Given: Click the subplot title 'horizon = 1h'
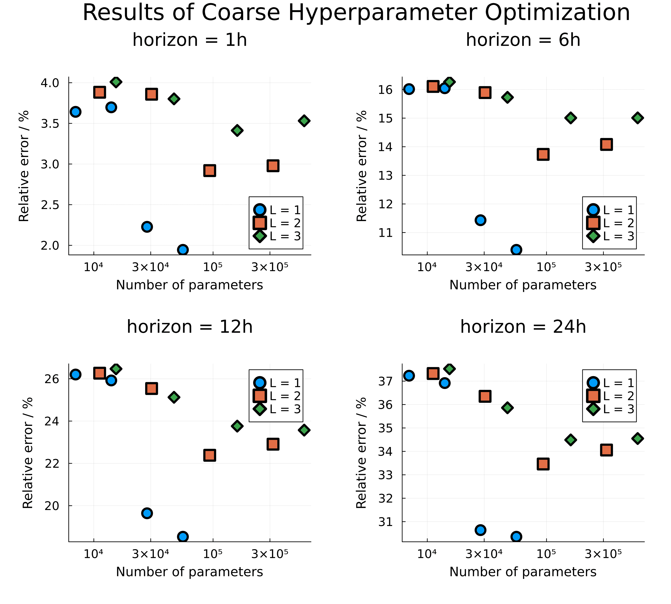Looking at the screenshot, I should [x=189, y=40].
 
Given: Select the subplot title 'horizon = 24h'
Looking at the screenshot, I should [x=523, y=327].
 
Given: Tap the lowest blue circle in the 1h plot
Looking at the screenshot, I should [x=183, y=250].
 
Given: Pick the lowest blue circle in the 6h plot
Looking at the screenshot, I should [x=516, y=250].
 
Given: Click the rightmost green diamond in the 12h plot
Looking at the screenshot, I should [x=304, y=430].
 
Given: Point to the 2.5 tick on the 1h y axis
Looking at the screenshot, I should [x=50, y=205].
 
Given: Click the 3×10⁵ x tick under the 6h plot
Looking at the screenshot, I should [x=603, y=267].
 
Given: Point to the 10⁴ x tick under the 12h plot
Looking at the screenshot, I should [x=93, y=554].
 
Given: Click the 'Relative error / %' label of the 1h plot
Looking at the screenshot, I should [x=24, y=166].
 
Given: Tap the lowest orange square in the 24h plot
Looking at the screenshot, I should [x=543, y=464].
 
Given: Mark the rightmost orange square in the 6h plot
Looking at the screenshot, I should [x=606, y=144].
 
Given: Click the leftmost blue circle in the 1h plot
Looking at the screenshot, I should [x=75, y=112].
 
